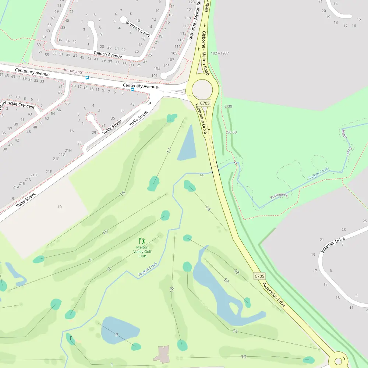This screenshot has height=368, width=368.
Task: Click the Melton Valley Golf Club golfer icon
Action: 142,241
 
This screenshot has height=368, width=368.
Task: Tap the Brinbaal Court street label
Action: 138,28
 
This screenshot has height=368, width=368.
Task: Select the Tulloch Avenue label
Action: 107,54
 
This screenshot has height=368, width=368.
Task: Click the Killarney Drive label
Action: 333,245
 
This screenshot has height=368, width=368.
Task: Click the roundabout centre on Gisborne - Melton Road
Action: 202,89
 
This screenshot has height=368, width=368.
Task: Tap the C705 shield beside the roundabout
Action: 205,103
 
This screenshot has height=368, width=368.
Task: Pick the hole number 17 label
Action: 169,151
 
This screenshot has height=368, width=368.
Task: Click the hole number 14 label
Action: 208,209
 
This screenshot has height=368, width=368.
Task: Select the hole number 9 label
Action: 116,335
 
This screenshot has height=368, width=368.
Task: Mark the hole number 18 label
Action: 172,290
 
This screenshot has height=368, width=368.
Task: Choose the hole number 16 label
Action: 123,193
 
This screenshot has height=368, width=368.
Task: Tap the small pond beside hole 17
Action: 187,144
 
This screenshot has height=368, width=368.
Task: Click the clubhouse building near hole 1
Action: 162,354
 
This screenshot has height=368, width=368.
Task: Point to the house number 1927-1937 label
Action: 220,53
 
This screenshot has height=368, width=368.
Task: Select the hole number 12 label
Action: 226,281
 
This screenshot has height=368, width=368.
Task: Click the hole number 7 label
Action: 91,261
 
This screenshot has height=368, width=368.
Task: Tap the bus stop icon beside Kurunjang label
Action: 87,78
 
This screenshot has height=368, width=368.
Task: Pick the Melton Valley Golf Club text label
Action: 142,252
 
